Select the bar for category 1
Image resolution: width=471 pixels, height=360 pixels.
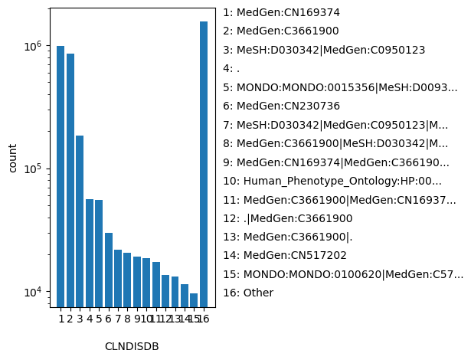(61, 176)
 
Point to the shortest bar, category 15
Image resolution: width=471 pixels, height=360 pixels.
(194, 299)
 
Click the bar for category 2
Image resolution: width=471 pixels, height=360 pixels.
(70, 180)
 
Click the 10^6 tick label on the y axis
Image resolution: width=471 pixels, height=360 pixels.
(31, 46)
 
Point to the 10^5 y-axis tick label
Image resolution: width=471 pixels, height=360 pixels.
(31, 169)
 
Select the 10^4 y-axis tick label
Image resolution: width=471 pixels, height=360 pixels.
(31, 293)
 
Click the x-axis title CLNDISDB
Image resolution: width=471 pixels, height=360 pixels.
(132, 346)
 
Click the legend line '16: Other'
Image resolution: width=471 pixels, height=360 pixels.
(248, 293)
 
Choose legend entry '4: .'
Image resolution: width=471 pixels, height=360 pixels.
(232, 69)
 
